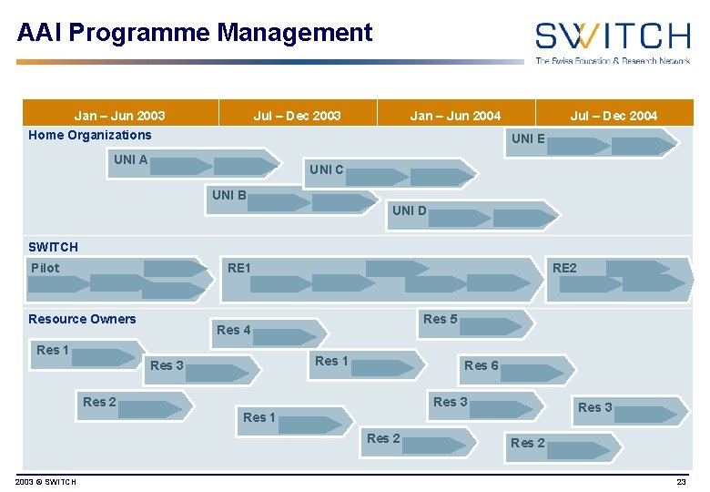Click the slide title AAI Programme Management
coord(195,34)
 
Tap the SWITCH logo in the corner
coord(612,42)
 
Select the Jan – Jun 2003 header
coord(119,116)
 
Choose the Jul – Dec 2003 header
coord(297,116)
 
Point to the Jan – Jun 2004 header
coord(455,116)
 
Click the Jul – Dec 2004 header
coord(614,116)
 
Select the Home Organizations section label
coord(90,135)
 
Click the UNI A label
coord(131,159)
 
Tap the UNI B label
coord(229,195)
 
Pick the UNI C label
coord(327,169)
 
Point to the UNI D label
coord(409,210)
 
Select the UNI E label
coord(528,138)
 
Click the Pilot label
coord(45,268)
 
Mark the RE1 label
coord(238,268)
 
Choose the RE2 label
coord(564,268)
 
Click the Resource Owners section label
coord(82,319)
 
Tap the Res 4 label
coord(234,330)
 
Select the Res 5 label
coord(441,319)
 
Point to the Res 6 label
coord(482,365)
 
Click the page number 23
coord(681,481)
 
